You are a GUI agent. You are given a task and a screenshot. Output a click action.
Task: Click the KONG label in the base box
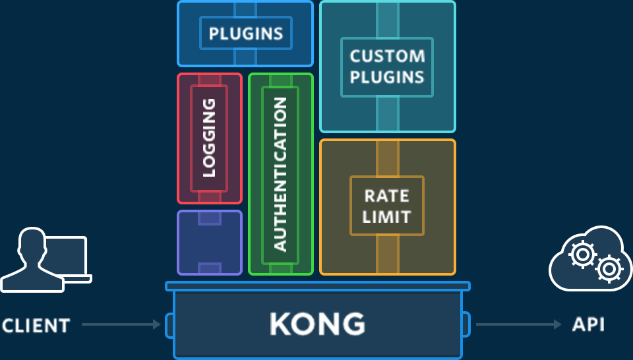pos(317,324)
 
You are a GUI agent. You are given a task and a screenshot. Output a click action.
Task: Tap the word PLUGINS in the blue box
pos(246,34)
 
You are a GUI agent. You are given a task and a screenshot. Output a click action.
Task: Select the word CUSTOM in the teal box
pos(387,55)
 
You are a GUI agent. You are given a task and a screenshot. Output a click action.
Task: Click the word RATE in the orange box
pos(387,196)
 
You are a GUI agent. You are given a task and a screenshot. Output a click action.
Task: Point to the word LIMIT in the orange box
pos(387,217)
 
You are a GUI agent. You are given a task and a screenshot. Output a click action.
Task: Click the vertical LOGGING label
pos(209,138)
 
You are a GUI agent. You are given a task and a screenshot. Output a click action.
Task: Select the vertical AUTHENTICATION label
pos(280,174)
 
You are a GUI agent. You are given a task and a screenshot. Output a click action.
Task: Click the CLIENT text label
pos(36,325)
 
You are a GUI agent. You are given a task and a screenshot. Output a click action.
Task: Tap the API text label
pos(588,324)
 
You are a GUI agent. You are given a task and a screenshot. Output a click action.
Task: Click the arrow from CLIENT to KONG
pos(121,324)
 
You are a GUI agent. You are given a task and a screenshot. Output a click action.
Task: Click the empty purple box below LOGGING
pos(210,243)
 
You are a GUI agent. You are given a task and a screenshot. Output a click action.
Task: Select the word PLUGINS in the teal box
pos(387,76)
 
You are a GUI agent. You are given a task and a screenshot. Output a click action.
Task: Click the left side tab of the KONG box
pos(169,324)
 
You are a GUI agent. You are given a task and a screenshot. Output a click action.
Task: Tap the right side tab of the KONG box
pos(466,323)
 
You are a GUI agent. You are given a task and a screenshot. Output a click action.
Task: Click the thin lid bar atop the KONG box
pos(317,286)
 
